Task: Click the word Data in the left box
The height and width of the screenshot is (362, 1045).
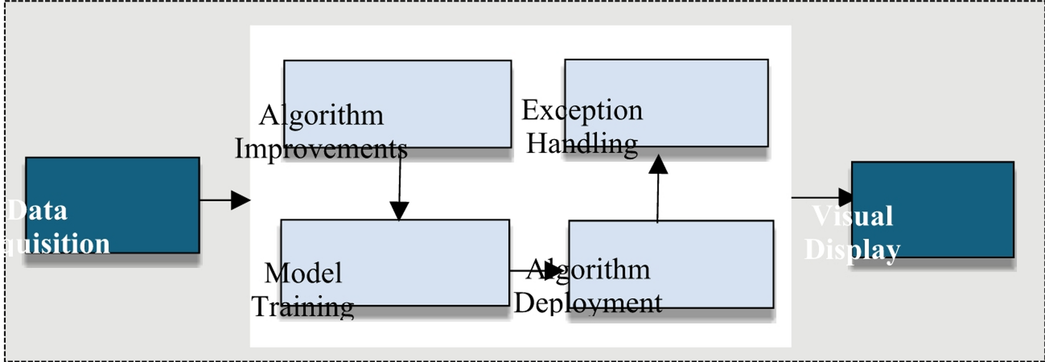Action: pos(38,211)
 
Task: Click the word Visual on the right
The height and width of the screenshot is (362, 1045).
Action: pos(852,216)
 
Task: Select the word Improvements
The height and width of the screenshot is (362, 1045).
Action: pos(321,149)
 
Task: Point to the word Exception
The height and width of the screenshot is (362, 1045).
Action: pos(582,110)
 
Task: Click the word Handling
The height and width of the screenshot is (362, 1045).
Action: pos(582,144)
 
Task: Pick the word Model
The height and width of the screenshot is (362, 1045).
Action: pos(303,273)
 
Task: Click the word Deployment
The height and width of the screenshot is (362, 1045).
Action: pos(588,303)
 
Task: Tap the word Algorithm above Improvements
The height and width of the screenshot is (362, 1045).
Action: pos(321,115)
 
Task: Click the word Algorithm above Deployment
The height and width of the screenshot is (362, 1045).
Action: pos(588,269)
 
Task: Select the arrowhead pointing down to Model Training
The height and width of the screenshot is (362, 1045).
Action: pos(399,211)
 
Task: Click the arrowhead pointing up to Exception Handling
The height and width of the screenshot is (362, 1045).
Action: pos(658,164)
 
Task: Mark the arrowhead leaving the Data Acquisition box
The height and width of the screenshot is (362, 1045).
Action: pos(240,200)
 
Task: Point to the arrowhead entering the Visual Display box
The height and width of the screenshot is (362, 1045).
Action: pos(846,198)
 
